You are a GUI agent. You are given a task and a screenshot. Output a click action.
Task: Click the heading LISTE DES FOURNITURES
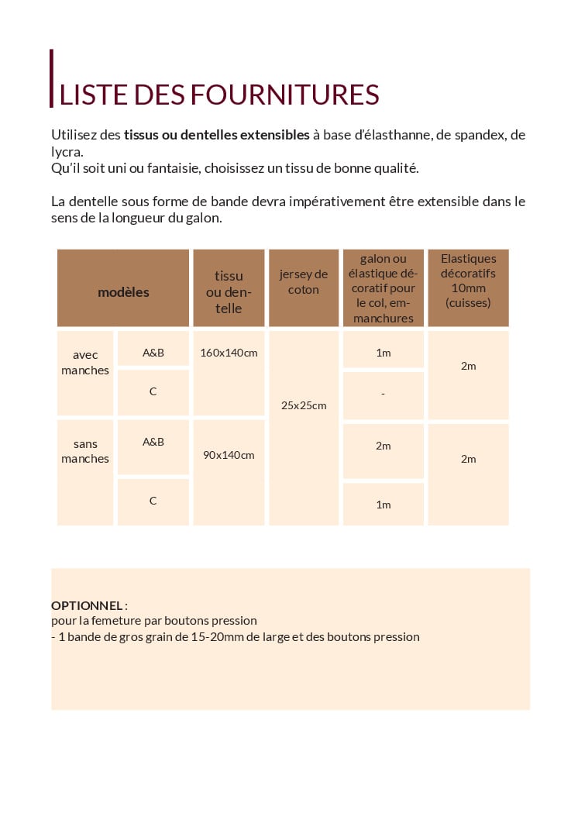point(219,95)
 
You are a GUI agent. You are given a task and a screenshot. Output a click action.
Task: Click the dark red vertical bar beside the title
point(52,78)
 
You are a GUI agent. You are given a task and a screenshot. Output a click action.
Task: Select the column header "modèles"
point(123,292)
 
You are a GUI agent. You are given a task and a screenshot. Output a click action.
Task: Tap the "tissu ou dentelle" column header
point(229,292)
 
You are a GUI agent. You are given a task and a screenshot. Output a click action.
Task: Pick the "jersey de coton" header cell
point(304,282)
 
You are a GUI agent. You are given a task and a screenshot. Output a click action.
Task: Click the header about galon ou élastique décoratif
point(384,288)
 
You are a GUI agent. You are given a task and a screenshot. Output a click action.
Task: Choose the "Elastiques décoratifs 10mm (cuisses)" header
point(468,281)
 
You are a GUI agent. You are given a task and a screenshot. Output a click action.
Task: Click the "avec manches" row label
point(85,362)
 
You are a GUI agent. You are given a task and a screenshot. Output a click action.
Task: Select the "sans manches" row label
point(85,451)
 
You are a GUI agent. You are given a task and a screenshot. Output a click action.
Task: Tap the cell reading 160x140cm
point(229,353)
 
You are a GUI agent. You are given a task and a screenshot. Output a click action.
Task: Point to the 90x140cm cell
point(229,455)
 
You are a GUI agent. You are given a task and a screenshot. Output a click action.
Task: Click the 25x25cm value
point(304,405)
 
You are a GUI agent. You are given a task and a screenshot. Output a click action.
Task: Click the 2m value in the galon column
point(384,446)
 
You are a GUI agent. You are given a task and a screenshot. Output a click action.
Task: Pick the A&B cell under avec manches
point(153,353)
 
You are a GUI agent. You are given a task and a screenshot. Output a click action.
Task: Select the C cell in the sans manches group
point(153,501)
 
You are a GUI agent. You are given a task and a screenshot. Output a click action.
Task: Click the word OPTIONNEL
point(87,605)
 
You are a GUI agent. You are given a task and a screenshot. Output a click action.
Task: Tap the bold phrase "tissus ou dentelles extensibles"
point(217,135)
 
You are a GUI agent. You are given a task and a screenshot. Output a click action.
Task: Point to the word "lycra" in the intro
point(66,151)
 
